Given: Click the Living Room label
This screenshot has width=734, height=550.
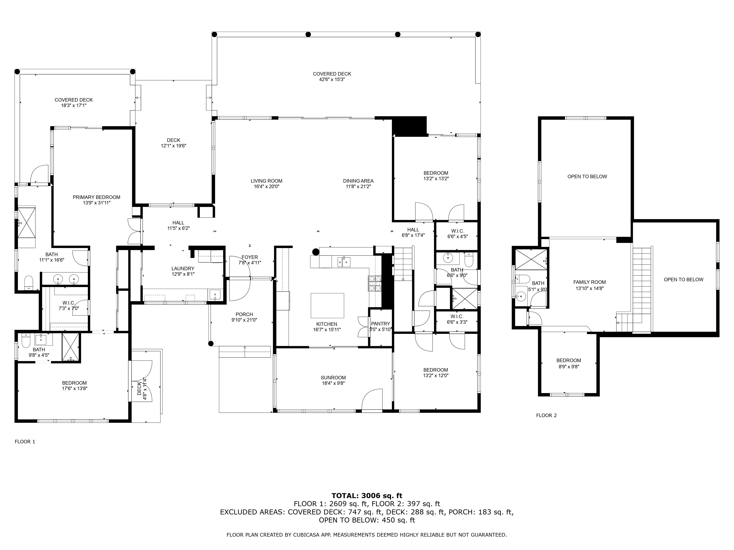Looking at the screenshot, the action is [x=266, y=181].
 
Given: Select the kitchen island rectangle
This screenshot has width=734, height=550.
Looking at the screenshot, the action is [x=327, y=305].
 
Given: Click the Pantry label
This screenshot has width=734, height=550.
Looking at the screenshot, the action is [x=381, y=324].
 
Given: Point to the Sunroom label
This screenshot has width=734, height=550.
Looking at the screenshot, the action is [x=333, y=378].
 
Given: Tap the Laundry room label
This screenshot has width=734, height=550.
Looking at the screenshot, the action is [x=183, y=269].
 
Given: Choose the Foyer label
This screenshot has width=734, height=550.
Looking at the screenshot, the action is [x=250, y=257].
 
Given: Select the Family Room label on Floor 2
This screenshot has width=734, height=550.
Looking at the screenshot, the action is [x=589, y=282].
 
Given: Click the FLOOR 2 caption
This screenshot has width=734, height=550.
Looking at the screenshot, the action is [x=546, y=415].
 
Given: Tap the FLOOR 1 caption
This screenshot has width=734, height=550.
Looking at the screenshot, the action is [x=25, y=442].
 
